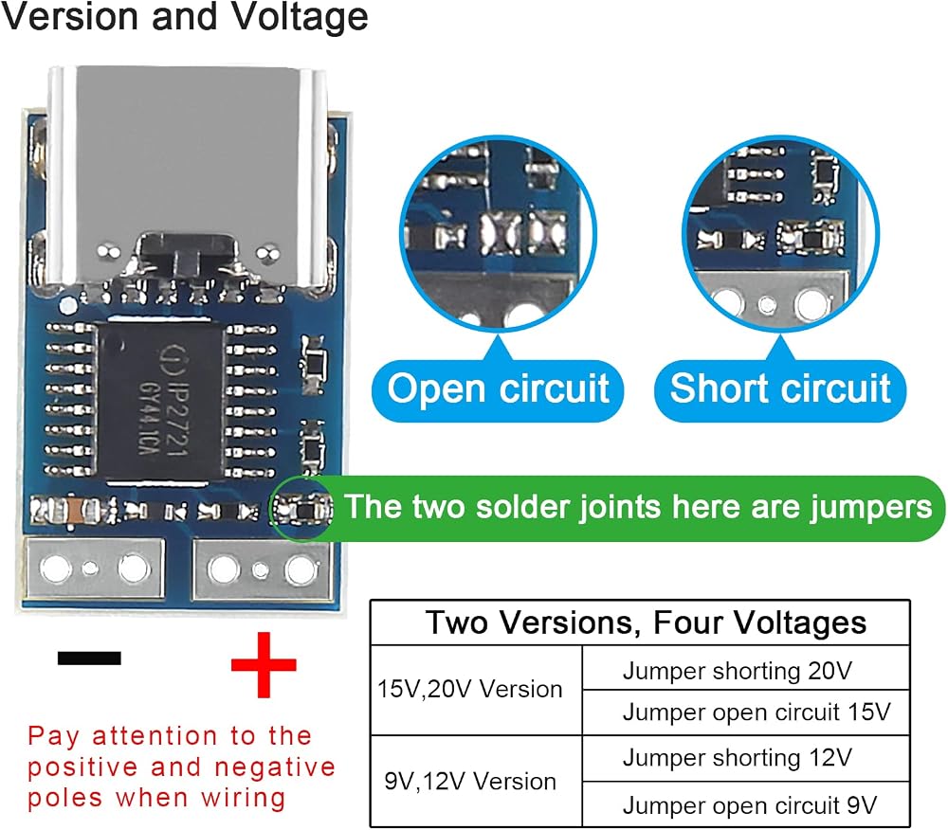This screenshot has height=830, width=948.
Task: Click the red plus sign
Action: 264,664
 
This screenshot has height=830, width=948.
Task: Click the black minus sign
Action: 89,658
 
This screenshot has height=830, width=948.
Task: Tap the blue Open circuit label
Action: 498,389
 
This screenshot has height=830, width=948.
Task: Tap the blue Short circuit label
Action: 780,389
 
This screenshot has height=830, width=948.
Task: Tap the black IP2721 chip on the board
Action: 162,401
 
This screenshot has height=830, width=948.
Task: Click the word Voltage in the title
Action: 301,17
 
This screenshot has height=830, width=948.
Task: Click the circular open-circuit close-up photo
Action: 499,233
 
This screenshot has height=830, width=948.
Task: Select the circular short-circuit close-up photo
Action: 780,233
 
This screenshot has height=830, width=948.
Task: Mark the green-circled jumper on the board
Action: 301,509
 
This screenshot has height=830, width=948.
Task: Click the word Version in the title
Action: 71,16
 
